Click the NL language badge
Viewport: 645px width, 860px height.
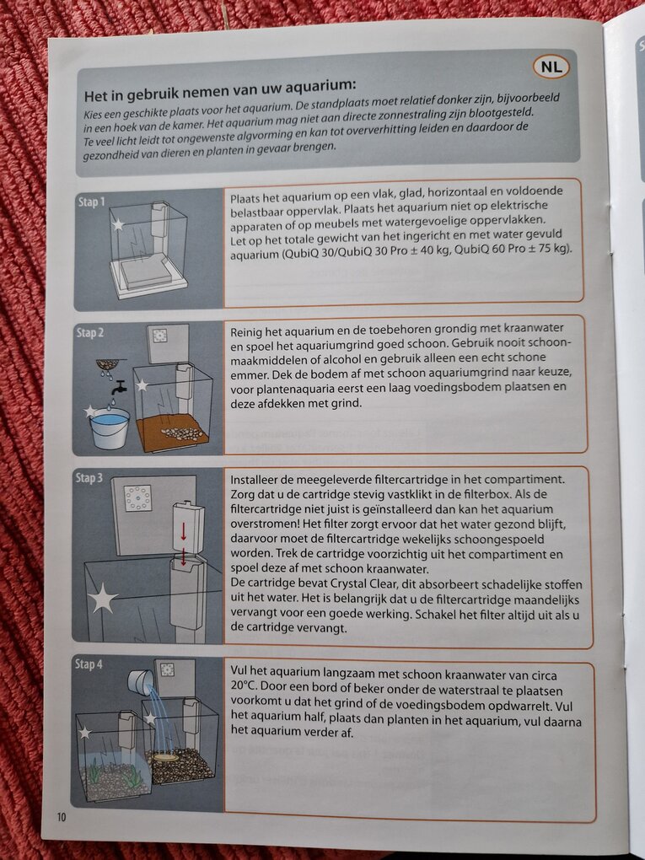point(551,67)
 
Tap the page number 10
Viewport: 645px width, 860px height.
point(61,817)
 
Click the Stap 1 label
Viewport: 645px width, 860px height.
point(91,202)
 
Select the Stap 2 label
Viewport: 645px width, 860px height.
point(90,332)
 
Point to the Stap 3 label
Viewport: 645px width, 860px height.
point(89,478)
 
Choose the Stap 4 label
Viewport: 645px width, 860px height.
point(89,664)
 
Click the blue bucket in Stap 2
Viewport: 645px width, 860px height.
point(110,426)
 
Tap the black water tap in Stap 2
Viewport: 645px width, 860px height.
point(119,388)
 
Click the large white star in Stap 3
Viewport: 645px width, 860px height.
point(103,599)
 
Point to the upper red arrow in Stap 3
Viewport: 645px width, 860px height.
point(184,531)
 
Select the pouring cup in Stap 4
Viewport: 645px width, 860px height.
point(141,684)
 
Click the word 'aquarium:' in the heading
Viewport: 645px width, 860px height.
point(325,85)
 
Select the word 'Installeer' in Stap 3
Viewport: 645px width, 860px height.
point(254,480)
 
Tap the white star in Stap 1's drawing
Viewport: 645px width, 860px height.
point(117,224)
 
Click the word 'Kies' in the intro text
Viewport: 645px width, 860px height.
point(93,116)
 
